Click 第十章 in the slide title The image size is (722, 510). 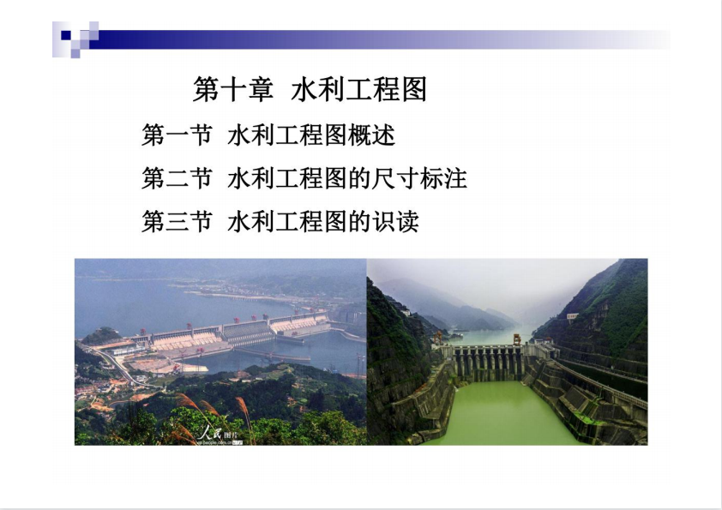(x=233, y=89)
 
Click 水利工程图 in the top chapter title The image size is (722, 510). (x=359, y=89)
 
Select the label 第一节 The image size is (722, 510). (x=177, y=135)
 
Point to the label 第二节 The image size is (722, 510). (x=177, y=178)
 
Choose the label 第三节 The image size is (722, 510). (x=177, y=221)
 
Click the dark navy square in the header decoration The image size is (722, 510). (x=66, y=35)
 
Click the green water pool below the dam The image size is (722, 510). (x=502, y=412)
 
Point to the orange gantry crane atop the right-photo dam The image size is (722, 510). (x=517, y=339)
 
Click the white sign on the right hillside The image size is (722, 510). (x=572, y=316)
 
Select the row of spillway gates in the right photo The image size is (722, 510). (x=489, y=363)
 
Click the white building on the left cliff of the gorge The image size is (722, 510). (x=406, y=313)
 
